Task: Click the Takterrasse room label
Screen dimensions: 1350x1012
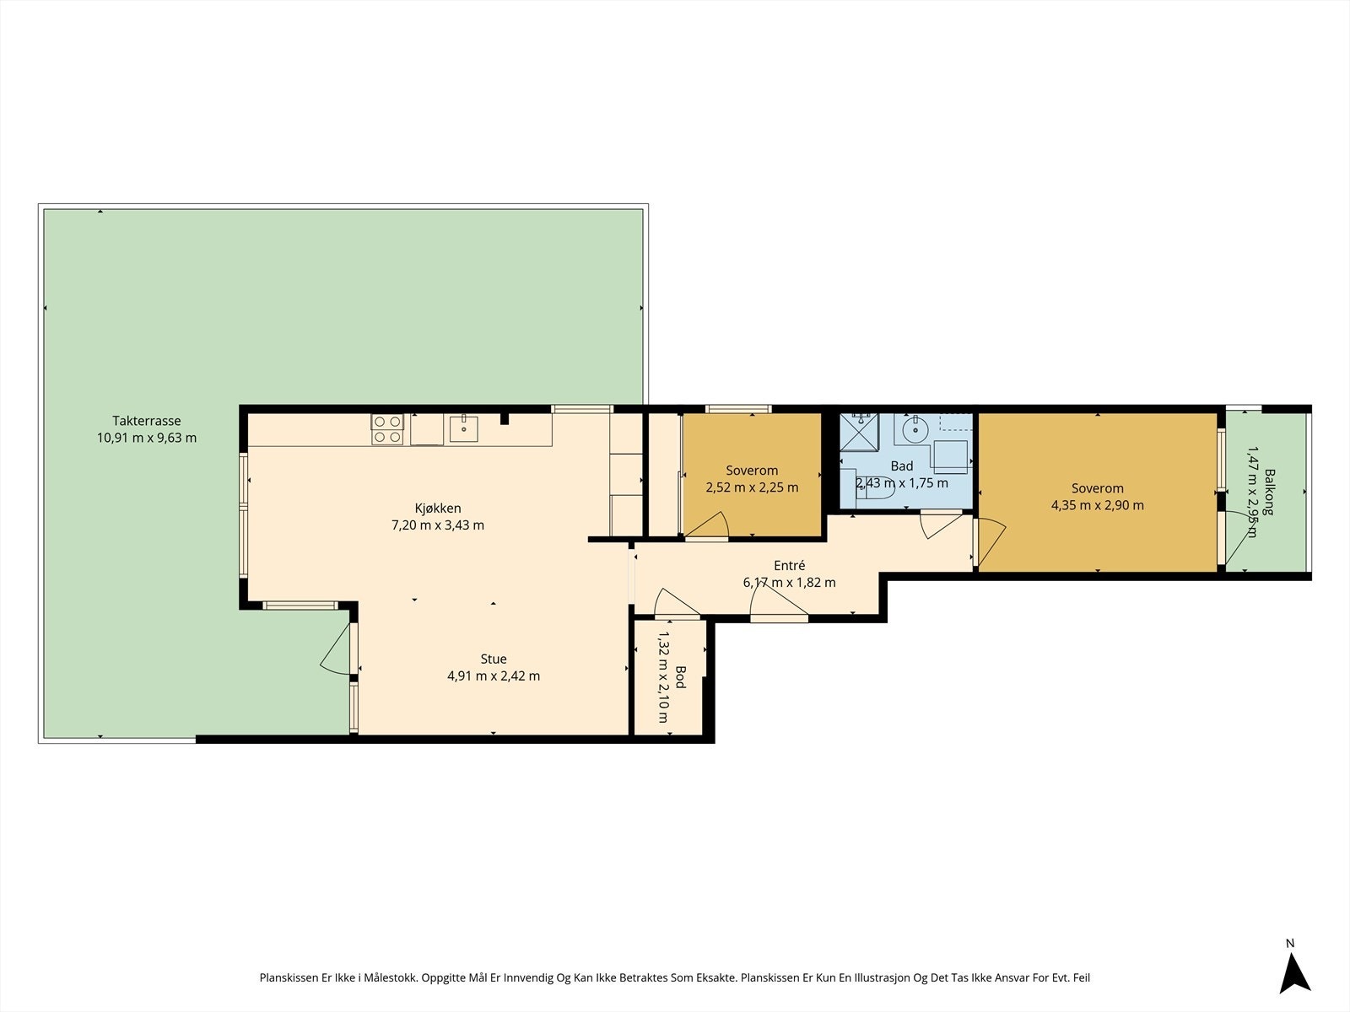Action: coord(146,421)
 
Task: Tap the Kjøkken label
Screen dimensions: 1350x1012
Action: coord(438,509)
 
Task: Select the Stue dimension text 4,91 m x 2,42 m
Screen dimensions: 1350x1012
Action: coord(494,676)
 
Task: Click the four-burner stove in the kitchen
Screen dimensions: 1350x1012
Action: coord(387,429)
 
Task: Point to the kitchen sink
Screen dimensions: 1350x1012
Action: coord(464,429)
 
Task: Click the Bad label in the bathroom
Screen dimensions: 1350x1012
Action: coord(902,466)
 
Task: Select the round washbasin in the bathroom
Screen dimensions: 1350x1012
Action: coord(915,429)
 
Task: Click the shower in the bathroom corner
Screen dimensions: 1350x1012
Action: coord(859,433)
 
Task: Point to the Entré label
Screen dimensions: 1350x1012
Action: coord(789,565)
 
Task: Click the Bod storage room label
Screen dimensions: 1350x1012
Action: coord(680,677)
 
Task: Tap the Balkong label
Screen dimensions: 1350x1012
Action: coord(1270,492)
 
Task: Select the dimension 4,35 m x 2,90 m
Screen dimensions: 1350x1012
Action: coord(1097,506)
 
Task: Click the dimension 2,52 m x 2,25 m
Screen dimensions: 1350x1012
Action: coord(752,488)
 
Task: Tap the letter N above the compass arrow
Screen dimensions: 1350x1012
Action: coord(1290,943)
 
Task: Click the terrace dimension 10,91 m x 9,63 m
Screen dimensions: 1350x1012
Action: coord(146,438)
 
